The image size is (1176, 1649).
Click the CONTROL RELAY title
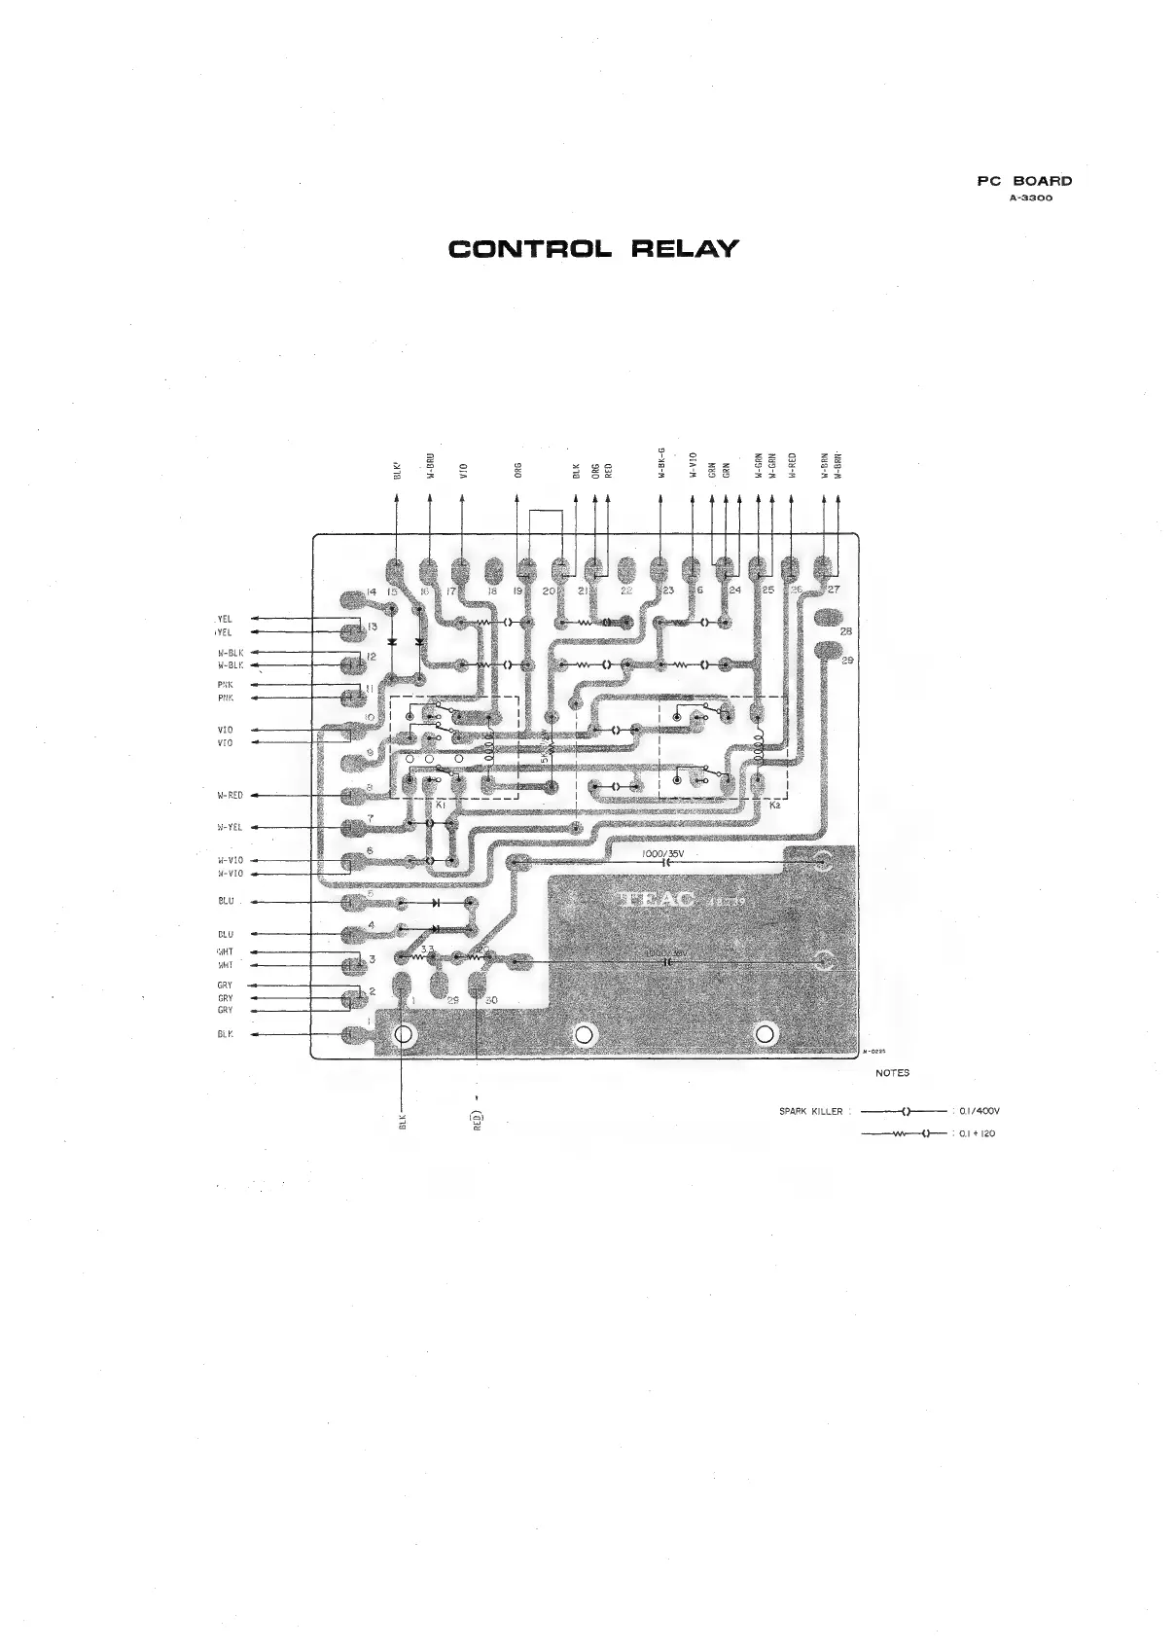(x=593, y=249)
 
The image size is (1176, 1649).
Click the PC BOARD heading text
(x=1024, y=181)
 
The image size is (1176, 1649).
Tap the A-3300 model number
(x=1030, y=197)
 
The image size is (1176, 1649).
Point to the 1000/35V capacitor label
(x=664, y=853)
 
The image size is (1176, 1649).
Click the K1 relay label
(x=440, y=805)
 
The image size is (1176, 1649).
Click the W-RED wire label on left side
(x=230, y=795)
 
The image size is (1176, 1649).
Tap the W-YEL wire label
(x=230, y=828)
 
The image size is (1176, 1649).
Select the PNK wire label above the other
(x=226, y=685)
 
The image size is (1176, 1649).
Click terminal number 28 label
(x=845, y=631)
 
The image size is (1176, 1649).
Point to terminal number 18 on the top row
(x=492, y=591)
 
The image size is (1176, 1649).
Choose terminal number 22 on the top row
(x=626, y=591)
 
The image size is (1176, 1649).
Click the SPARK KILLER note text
(x=810, y=1111)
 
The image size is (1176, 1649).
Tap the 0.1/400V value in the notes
(x=980, y=1111)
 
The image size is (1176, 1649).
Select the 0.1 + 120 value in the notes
(x=977, y=1133)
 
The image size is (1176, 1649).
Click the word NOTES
(x=892, y=1073)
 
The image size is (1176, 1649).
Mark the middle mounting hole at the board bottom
(x=584, y=1034)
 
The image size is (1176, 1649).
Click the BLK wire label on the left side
(x=226, y=1034)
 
